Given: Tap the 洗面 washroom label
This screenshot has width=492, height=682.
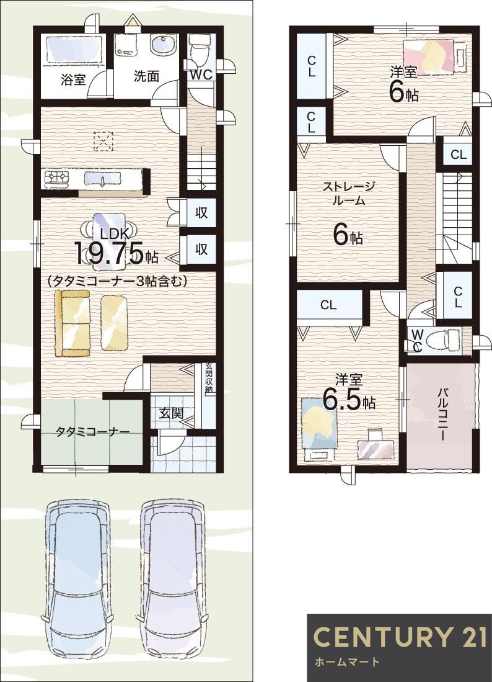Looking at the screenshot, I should coord(146,76).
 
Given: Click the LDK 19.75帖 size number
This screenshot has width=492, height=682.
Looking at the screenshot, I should coord(110,253).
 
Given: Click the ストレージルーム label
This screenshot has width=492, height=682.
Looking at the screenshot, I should coord(348,193).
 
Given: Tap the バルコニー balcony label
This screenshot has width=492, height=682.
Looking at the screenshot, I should coord(443,415).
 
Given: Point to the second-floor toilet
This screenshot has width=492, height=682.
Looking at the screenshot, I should coord(441,339).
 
